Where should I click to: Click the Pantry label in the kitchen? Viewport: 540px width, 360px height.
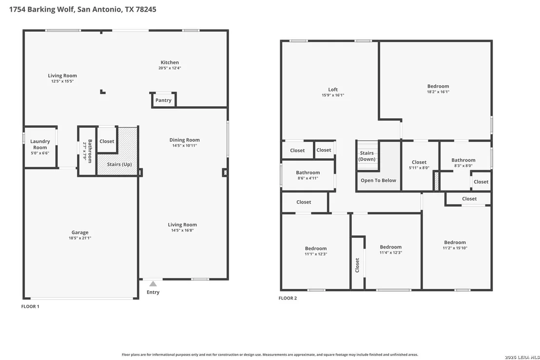163,100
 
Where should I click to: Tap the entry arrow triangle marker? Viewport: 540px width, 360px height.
153,284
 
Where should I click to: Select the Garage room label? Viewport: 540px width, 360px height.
80,232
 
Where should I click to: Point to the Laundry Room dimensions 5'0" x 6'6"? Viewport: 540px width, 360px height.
40,153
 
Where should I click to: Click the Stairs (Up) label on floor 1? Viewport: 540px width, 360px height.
119,164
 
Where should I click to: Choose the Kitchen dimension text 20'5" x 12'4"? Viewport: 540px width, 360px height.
170,68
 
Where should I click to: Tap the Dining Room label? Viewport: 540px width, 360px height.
185,140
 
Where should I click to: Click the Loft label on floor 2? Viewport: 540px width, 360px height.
333,90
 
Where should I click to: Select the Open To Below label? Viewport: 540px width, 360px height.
379,180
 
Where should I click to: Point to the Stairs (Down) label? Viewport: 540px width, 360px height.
367,156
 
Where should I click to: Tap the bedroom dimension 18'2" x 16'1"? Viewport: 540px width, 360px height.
439,92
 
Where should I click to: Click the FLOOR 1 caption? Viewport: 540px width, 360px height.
30,306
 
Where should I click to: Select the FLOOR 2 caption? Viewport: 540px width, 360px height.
288,298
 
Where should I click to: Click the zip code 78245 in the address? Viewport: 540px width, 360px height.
146,9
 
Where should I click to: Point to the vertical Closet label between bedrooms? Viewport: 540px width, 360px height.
357,265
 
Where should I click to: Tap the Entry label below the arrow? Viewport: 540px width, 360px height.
153,292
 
